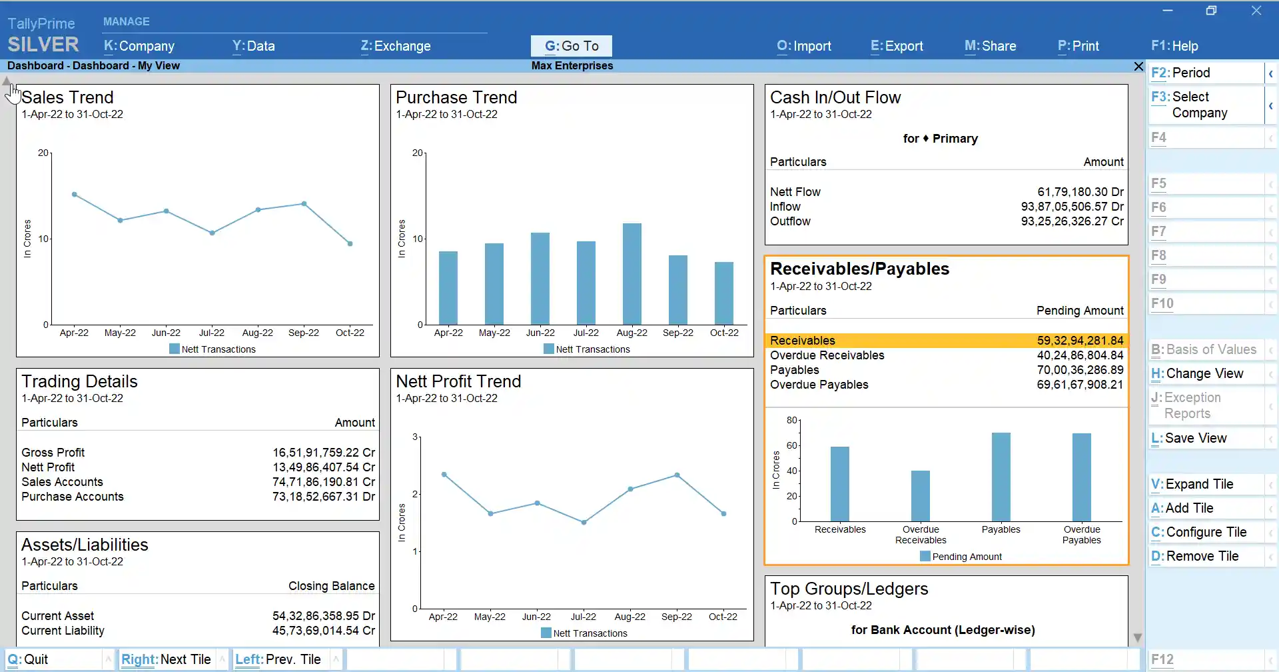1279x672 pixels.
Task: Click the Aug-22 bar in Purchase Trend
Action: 632,274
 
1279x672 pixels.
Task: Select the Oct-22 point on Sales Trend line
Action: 350,244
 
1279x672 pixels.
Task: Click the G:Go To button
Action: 571,46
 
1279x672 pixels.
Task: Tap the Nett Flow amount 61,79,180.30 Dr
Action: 1080,192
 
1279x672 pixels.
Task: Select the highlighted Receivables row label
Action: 802,341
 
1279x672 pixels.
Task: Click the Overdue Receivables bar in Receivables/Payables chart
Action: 920,496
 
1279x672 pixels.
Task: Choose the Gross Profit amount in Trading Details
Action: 323,453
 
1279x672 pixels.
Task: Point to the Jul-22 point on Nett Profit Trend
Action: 584,523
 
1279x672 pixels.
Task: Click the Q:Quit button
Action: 28,659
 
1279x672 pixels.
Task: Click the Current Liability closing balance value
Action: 323,631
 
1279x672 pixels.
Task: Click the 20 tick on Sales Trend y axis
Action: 43,153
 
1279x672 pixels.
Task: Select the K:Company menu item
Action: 139,46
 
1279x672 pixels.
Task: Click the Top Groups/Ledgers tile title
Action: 849,589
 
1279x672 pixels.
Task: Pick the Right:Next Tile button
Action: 166,659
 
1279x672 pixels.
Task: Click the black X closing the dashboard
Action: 1138,66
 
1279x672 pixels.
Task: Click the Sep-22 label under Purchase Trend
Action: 677,333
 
